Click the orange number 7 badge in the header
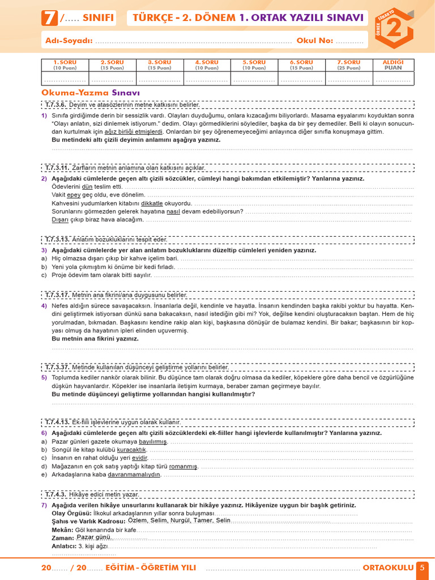50,18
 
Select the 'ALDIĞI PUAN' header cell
393,64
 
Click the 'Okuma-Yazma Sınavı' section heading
91,92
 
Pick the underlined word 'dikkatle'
152,203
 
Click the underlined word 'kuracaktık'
131,449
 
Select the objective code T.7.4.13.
57,422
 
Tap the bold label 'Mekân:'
62,530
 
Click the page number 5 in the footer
423,568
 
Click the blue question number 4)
44,305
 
